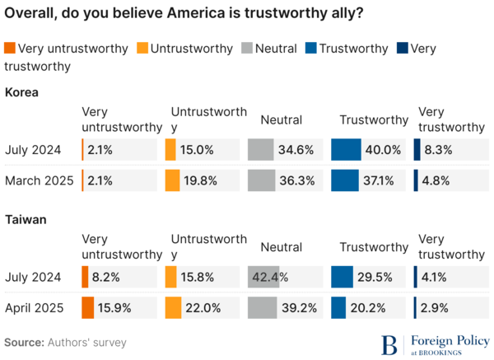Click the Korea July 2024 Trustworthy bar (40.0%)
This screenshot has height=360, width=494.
[x=346, y=149]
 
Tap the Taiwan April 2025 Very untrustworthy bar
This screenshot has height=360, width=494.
[x=87, y=307]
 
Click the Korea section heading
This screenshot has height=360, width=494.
[x=22, y=92]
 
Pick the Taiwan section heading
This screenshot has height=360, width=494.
[x=26, y=220]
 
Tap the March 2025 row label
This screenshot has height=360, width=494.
[x=39, y=180]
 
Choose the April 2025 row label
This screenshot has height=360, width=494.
[x=35, y=307]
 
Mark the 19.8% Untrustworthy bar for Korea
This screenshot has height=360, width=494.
[x=172, y=180]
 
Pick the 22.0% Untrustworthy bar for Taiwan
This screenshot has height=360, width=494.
[x=173, y=307]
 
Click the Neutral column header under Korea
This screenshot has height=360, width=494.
[x=281, y=120]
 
